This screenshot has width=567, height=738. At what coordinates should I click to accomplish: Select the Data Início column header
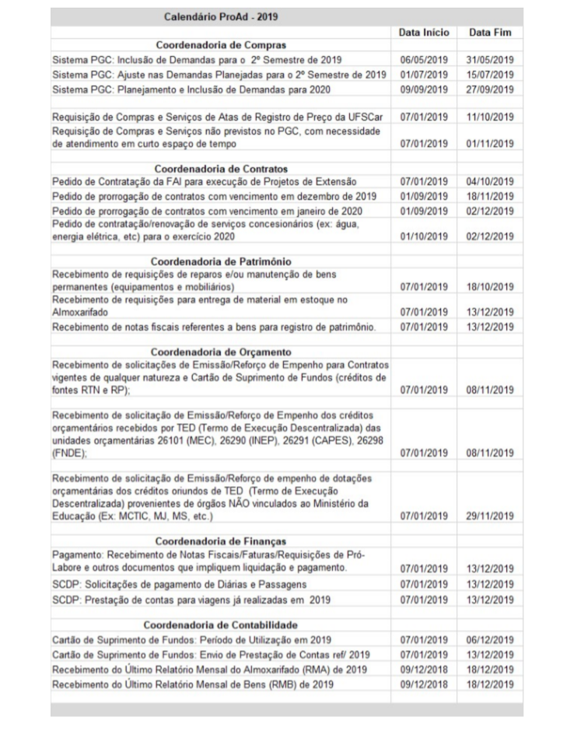pyautogui.click(x=423, y=34)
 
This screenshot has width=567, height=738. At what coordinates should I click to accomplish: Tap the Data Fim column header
pyautogui.click(x=491, y=34)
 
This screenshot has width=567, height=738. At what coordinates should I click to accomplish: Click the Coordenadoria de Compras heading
pyautogui.click(x=221, y=45)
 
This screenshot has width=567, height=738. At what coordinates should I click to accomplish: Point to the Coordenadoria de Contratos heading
pyautogui.click(x=221, y=169)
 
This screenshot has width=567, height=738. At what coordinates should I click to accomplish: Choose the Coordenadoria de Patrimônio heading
pyautogui.click(x=221, y=261)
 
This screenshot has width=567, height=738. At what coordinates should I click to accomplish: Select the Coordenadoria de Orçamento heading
pyautogui.click(x=221, y=350)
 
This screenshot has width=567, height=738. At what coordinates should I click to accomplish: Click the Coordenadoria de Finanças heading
pyautogui.click(x=221, y=541)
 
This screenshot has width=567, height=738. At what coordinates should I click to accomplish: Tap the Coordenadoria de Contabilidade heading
pyautogui.click(x=221, y=624)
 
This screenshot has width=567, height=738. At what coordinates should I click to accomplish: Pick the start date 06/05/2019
pyautogui.click(x=423, y=60)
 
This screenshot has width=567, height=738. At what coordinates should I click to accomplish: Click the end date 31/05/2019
pyautogui.click(x=491, y=60)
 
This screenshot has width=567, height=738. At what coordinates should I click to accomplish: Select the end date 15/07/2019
pyautogui.click(x=491, y=75)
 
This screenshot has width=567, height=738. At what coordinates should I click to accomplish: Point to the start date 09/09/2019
pyautogui.click(x=423, y=89)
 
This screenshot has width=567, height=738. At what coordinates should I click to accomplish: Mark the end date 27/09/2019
pyautogui.click(x=491, y=89)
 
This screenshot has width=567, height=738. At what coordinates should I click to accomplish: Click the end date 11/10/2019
pyautogui.click(x=491, y=117)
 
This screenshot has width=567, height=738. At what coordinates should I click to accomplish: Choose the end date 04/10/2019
pyautogui.click(x=491, y=182)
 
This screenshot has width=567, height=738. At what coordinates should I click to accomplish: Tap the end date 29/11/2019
pyautogui.click(x=491, y=515)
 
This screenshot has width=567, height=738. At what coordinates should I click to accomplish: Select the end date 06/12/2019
pyautogui.click(x=491, y=639)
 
